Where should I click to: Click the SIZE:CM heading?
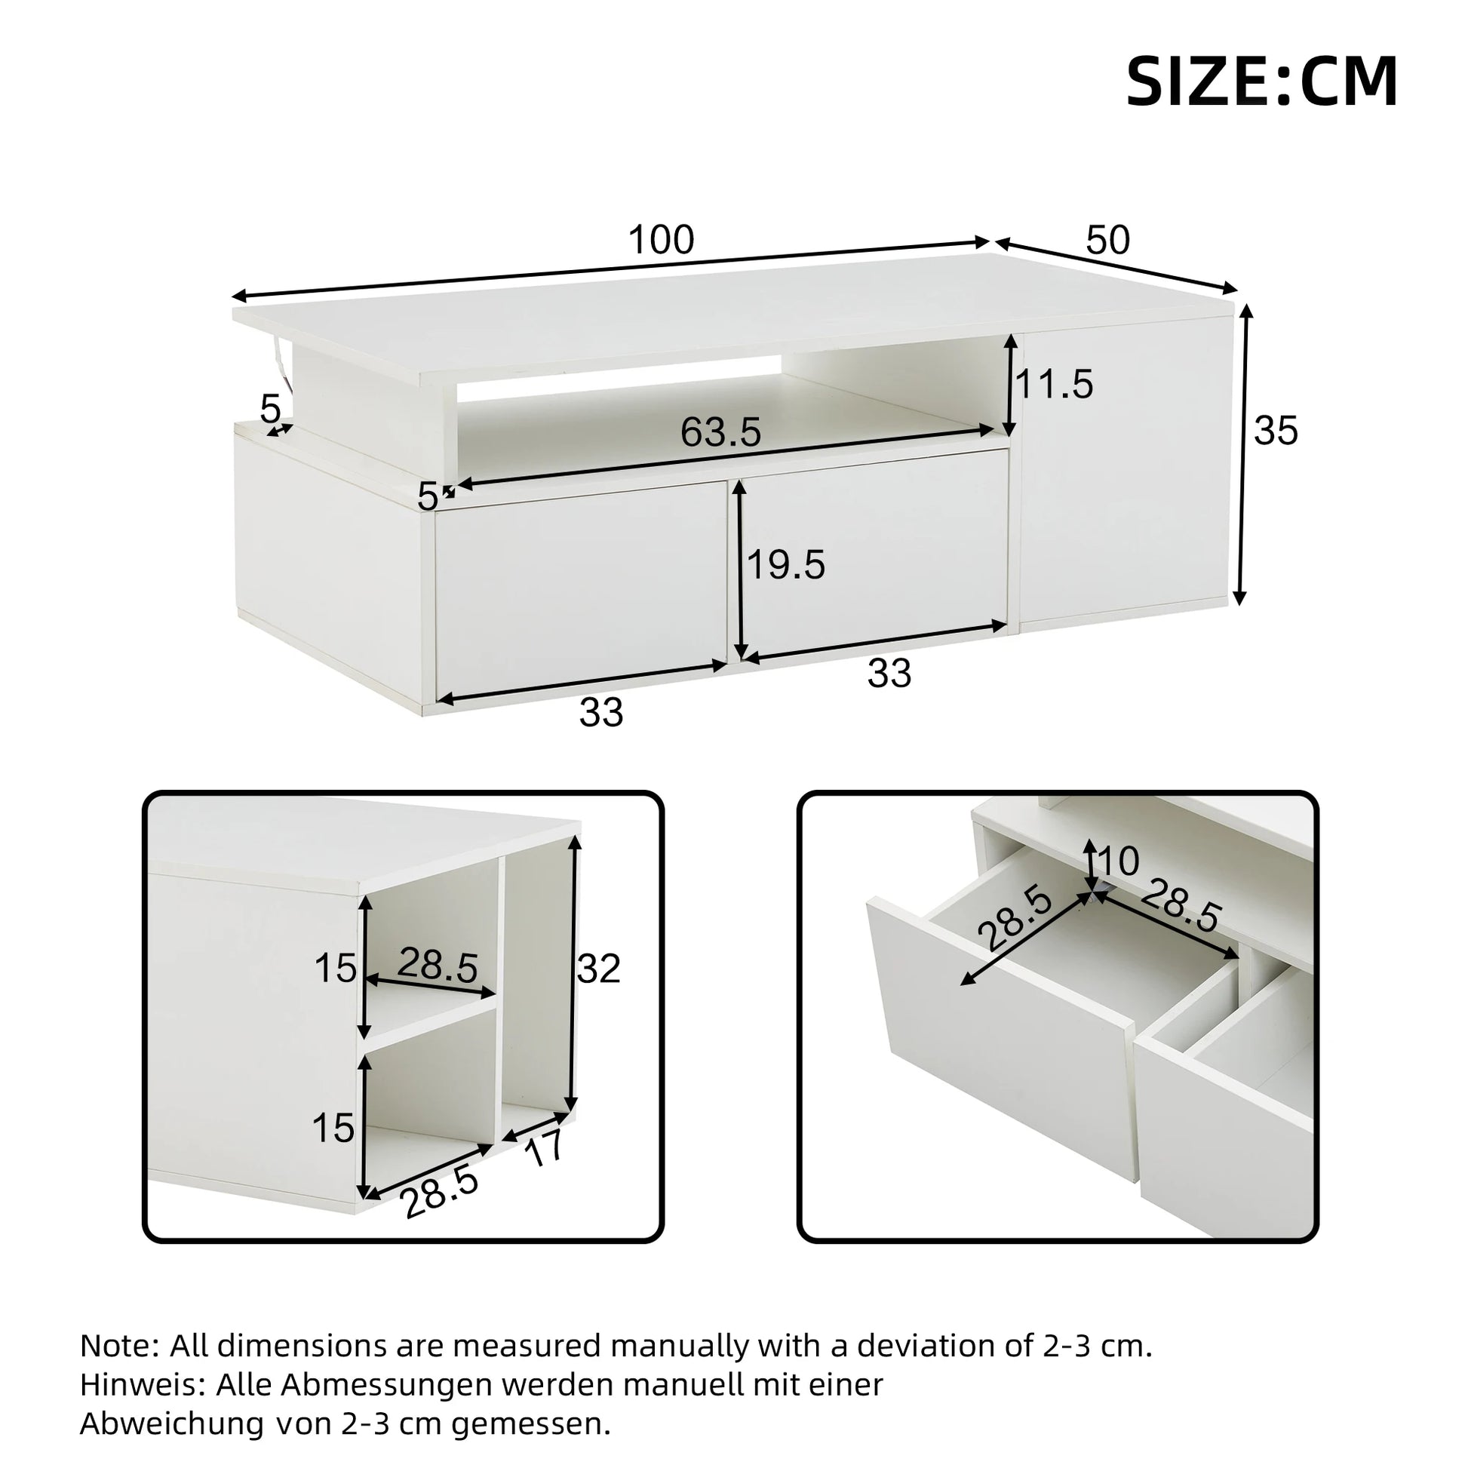click(x=1261, y=82)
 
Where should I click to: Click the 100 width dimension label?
click(x=661, y=240)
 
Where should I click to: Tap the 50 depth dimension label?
click(x=1108, y=240)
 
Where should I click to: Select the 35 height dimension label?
click(x=1276, y=431)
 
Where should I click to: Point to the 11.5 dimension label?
click(x=1055, y=385)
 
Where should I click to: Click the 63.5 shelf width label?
click(x=720, y=432)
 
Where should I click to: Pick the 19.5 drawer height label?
click(x=785, y=565)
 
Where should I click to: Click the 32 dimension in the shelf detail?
click(x=599, y=969)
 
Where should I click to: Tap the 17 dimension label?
click(x=544, y=1147)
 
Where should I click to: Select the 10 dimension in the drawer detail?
click(x=1119, y=861)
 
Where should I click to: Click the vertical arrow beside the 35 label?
click(x=1243, y=455)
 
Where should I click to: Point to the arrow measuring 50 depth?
click(x=1116, y=266)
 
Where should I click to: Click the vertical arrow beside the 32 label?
click(x=573, y=977)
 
